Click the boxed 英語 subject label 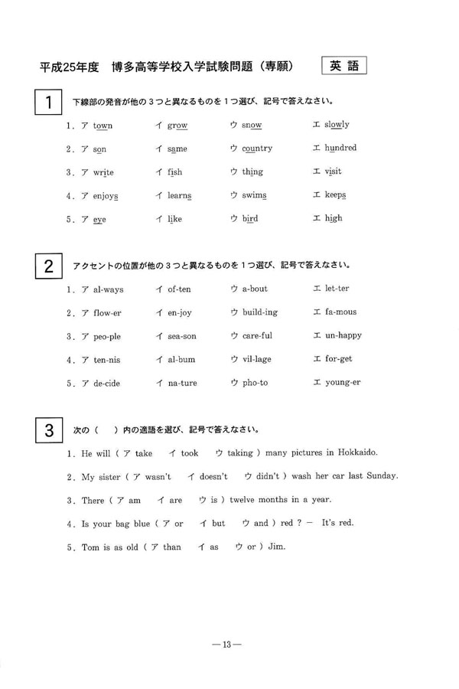coord(344,66)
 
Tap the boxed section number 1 coord(48,103)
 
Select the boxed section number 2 coord(48,267)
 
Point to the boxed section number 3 coord(48,430)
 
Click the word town coord(103,126)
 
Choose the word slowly coord(337,125)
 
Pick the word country coord(257,149)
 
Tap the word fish coord(175,172)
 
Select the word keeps coord(335,195)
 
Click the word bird coord(250,219)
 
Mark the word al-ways coord(108,289)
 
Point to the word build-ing coord(260,312)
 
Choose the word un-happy coord(343,335)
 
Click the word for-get coord(338,359)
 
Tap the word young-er coord(343,383)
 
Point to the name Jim coord(287,547)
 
